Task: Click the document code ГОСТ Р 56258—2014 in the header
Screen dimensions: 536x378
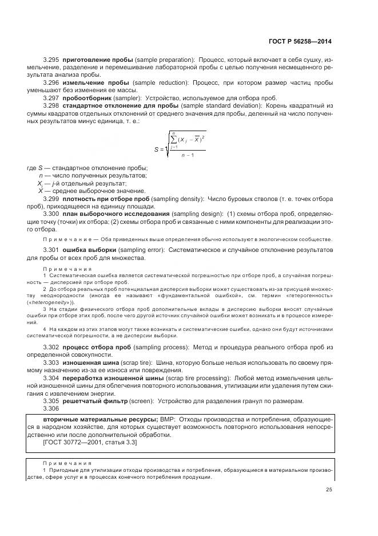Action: (x=300, y=41)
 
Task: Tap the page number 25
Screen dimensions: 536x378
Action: (x=329, y=489)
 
